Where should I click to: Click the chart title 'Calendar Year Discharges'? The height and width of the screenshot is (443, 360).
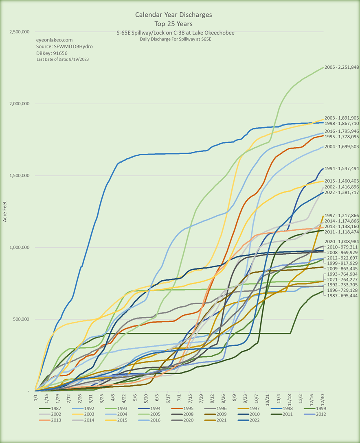coord(173,15)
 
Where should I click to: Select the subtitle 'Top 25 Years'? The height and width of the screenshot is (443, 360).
coord(173,24)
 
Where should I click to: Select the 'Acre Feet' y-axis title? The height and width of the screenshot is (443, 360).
coord(5,212)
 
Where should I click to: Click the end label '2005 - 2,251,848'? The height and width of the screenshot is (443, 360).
coord(342,67)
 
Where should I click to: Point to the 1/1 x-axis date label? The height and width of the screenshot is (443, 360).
coord(35,399)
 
